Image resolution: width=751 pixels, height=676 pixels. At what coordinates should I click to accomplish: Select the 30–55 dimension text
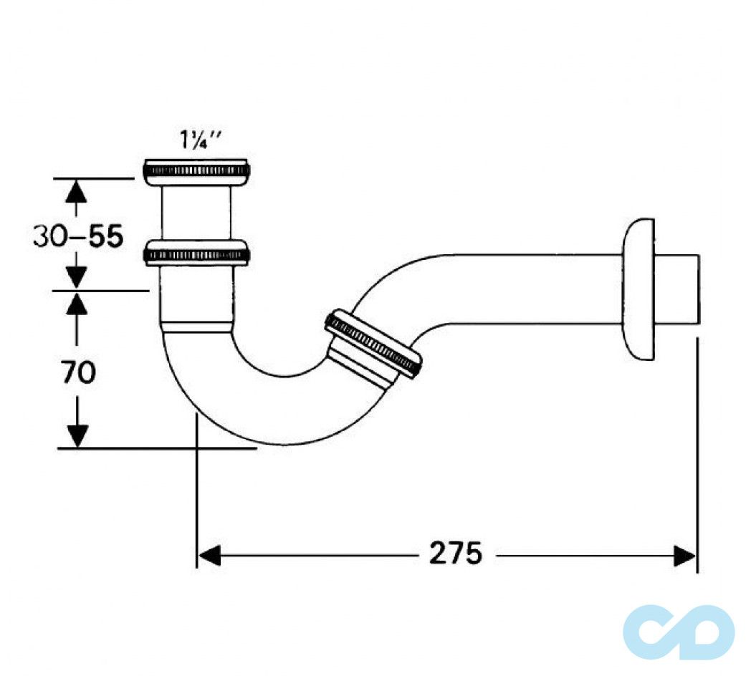point(78,236)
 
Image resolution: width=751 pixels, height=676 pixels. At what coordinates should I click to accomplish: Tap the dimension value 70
point(78,372)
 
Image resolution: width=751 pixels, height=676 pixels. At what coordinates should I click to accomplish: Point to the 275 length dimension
point(456,554)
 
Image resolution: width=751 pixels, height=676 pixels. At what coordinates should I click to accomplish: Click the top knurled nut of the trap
point(196,170)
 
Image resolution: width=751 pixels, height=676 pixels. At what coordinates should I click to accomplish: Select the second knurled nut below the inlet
point(196,253)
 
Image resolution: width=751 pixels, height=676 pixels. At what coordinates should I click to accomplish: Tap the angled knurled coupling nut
point(373,343)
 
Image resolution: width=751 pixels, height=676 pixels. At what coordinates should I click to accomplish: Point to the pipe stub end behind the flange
point(677,289)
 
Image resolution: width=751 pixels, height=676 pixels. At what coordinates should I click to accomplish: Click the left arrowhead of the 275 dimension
point(209,555)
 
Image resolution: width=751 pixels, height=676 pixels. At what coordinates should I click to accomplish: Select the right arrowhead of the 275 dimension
point(684,555)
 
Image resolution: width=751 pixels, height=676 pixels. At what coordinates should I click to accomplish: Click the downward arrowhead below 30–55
point(77,277)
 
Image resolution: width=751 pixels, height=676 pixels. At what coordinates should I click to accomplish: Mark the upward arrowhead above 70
point(77,304)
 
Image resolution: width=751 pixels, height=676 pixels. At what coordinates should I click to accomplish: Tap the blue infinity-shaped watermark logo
point(678,631)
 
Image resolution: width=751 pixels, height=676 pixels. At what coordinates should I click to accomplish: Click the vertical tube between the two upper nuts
point(196,213)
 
